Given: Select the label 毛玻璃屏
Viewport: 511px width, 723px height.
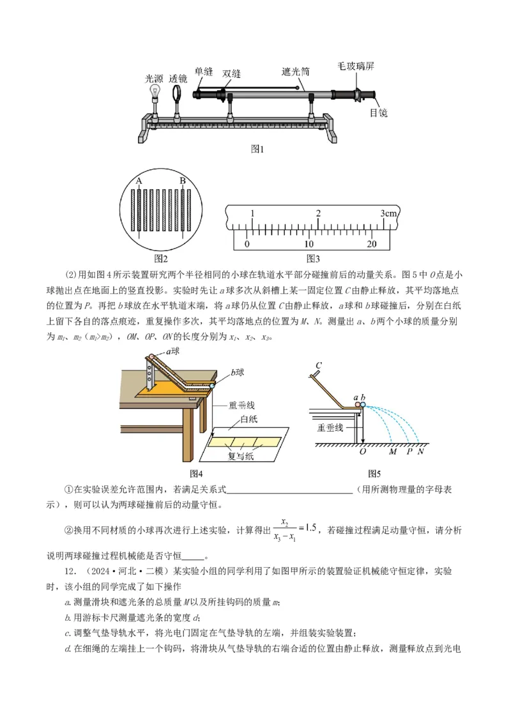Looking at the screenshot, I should tap(356, 66).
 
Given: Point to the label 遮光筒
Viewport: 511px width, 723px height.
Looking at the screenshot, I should tap(296, 72).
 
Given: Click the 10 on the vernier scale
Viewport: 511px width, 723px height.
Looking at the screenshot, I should tap(309, 244).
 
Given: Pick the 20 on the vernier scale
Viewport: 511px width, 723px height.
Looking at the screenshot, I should tap(372, 244).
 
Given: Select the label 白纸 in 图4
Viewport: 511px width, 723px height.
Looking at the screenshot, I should tap(250, 420).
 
